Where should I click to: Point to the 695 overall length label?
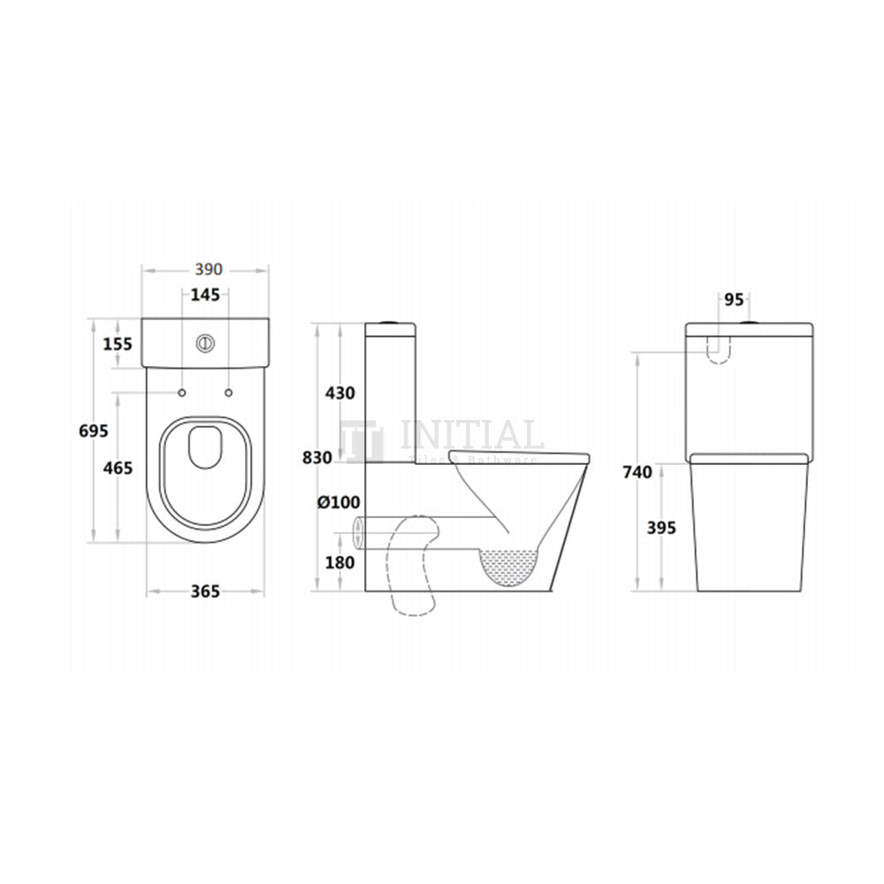93,431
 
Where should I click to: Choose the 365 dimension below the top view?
205,591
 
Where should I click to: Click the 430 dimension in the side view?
340,392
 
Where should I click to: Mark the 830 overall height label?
316,458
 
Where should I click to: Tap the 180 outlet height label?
340,562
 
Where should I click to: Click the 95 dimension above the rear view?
734,300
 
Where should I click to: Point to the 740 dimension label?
636,472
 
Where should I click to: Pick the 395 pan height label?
661,528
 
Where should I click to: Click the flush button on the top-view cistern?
205,340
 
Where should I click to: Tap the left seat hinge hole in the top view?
181,392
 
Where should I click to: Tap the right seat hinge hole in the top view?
229,392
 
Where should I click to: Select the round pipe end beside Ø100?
358,530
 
